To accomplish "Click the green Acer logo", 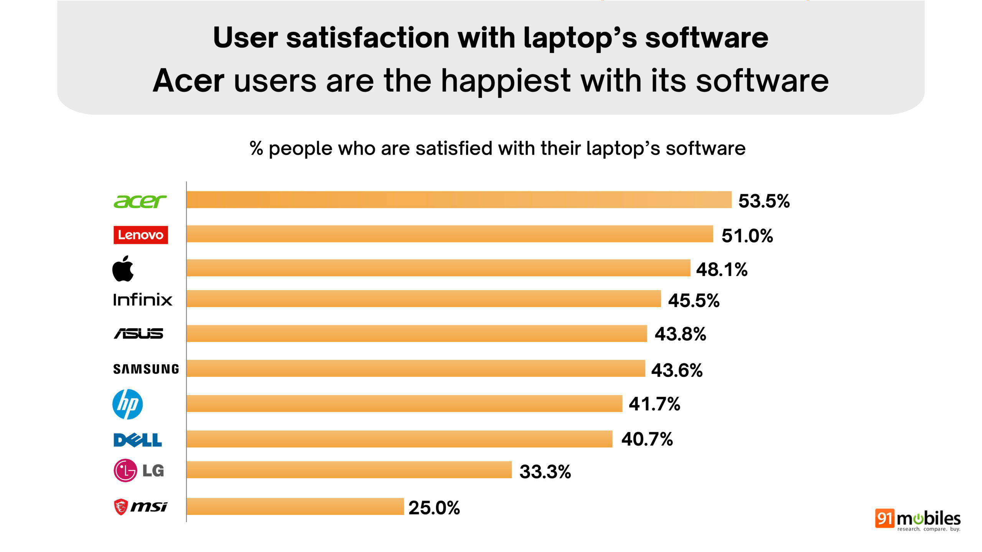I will [x=140, y=201].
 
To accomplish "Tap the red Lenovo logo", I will [x=140, y=235].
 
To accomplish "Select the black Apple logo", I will [x=123, y=269].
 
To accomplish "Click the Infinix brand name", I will [x=142, y=300].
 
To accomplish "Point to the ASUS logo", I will [x=138, y=333].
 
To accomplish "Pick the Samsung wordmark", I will [x=146, y=369].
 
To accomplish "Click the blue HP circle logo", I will [x=127, y=404].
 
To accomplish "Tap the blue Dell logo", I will [x=138, y=440].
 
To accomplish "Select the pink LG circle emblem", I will [x=125, y=470].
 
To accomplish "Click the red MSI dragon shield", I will [x=121, y=507].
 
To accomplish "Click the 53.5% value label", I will [x=764, y=201].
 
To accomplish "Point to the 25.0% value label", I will [x=434, y=508].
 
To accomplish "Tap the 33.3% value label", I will [x=545, y=472].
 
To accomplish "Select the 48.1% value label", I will [x=722, y=269].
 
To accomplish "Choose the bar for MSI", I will [x=295, y=506].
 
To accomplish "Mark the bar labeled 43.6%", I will [x=416, y=368].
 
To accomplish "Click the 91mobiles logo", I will [x=918, y=519].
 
